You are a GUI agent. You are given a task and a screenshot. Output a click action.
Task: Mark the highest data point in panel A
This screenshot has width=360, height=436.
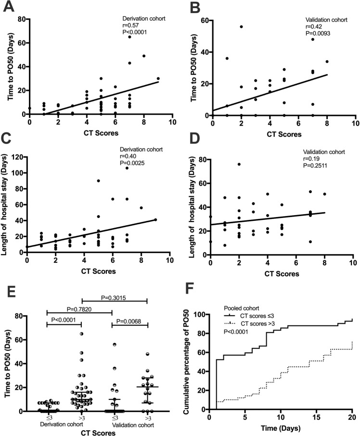pos(129,37)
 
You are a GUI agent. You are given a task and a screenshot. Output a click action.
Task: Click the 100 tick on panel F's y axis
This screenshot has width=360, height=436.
pos(201,314)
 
